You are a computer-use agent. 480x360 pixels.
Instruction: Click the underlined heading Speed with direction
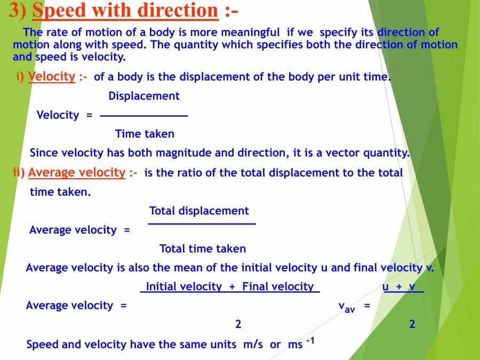point(125,11)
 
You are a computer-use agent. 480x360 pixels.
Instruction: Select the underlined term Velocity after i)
point(52,76)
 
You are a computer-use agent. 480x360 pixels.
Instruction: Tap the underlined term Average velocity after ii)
point(76,172)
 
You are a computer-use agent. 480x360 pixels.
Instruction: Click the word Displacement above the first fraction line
point(144,96)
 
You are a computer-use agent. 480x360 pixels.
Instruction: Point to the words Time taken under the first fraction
point(145,134)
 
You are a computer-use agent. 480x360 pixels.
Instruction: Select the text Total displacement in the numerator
point(199,211)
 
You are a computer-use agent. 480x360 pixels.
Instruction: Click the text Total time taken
point(203,249)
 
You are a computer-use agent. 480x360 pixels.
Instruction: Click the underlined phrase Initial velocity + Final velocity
point(230,286)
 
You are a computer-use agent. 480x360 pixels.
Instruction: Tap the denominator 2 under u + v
point(412,324)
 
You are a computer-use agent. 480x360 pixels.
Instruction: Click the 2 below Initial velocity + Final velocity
point(238,324)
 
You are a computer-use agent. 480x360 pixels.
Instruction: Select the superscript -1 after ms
point(310,340)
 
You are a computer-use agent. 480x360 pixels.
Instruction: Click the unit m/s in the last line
point(253,345)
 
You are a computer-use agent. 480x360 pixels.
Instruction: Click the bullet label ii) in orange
point(19,172)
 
